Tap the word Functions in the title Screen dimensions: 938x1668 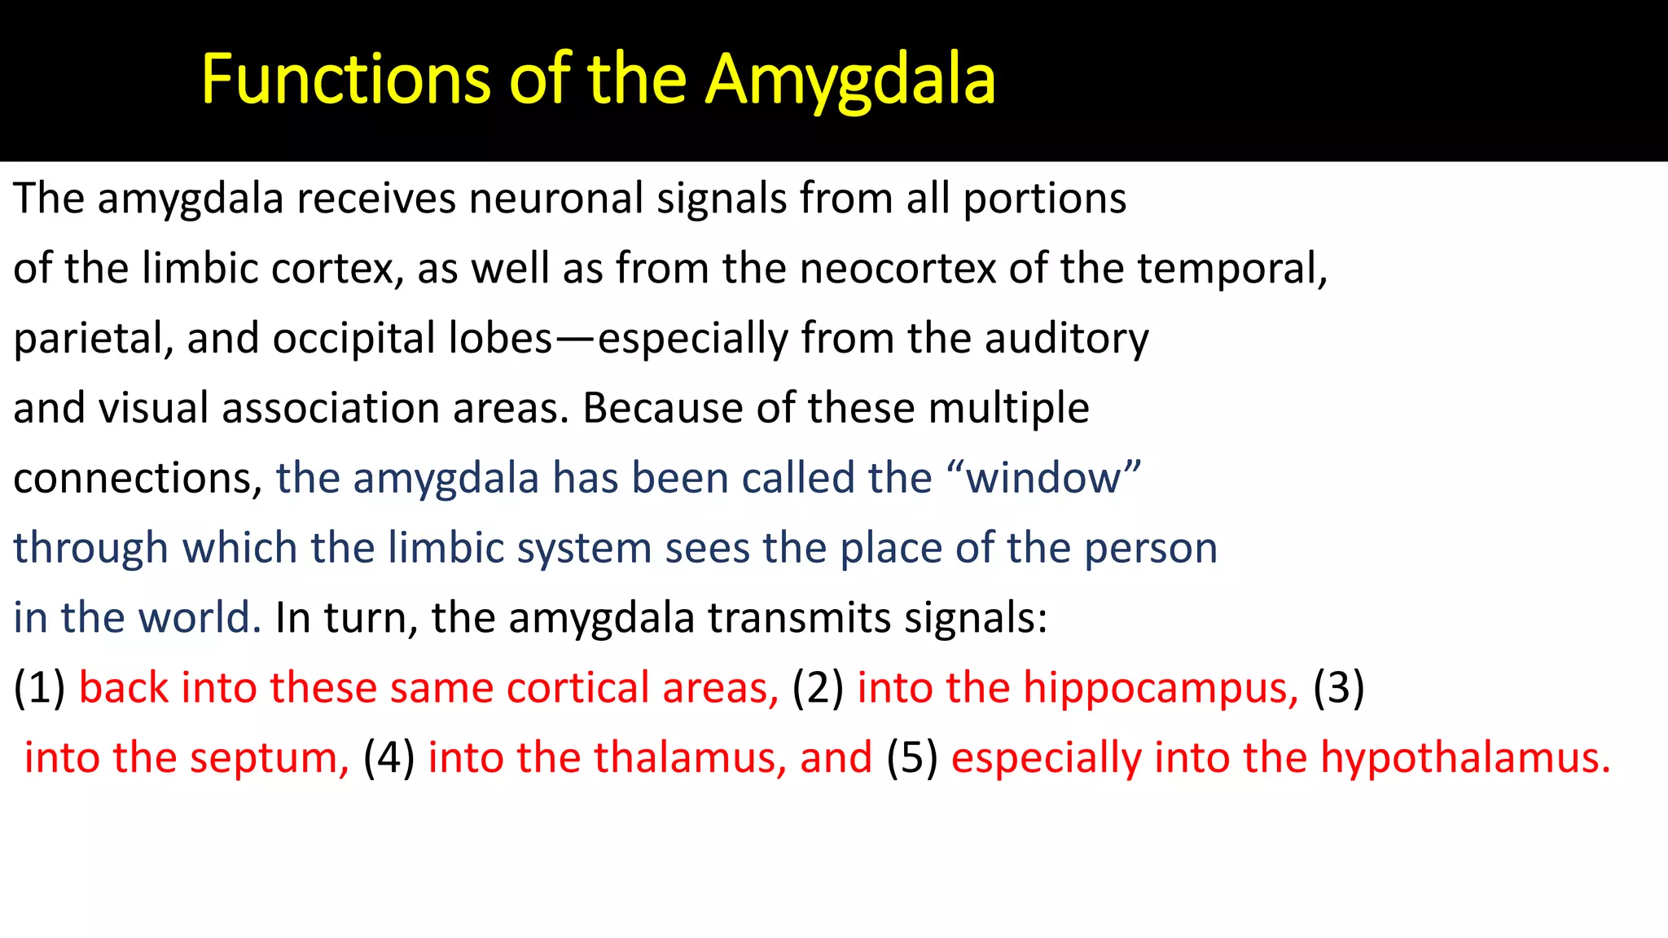point(346,79)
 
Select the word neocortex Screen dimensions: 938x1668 point(898,268)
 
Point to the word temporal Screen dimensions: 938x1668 point(1231,268)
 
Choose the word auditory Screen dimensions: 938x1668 point(1066,338)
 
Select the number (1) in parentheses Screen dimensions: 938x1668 point(39,688)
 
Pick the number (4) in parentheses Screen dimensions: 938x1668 point(388,758)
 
